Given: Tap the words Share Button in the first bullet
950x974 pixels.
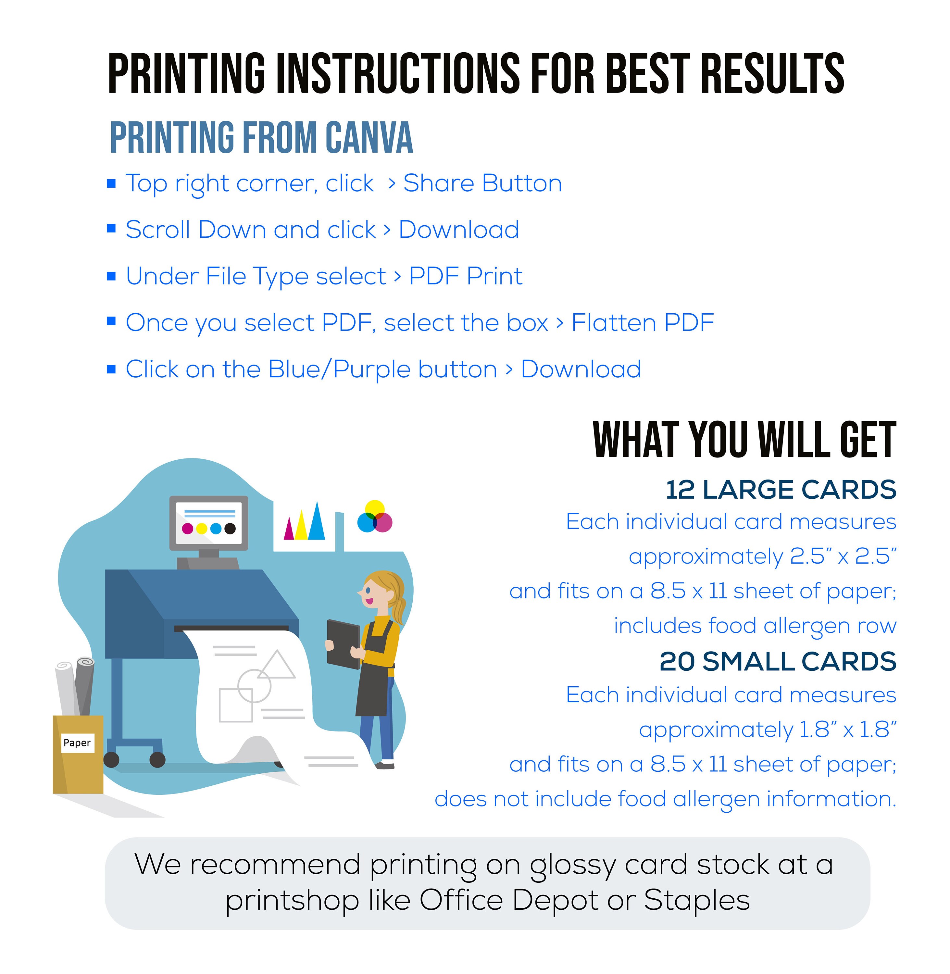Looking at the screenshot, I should (482, 183).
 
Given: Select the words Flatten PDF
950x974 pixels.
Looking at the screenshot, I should (643, 323).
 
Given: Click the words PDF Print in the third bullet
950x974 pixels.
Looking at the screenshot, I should (466, 276).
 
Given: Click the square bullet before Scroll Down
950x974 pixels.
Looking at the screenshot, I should (111, 229).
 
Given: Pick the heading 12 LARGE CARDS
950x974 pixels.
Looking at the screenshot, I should (781, 490).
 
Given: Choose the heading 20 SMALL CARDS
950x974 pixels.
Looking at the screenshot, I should (777, 662).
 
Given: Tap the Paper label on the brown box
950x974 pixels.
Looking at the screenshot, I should (77, 743).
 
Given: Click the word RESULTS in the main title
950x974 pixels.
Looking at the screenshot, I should (772, 74).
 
